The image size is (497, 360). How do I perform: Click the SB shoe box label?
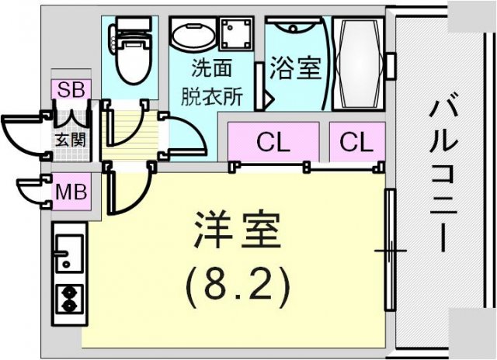71,89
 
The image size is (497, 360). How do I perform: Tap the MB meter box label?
71,192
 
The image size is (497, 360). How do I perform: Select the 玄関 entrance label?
71,140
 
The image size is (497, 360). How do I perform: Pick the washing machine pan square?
237,33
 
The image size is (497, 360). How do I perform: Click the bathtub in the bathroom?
358,63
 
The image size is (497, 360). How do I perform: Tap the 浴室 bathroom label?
295,67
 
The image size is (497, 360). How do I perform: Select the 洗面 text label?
211,67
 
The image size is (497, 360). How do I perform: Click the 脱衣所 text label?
212,96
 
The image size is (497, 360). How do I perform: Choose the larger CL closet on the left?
273,142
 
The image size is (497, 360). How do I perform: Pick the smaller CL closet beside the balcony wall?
357,142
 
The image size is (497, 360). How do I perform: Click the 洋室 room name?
238,230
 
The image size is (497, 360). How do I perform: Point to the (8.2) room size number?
238,285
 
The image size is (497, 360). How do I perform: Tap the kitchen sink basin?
69,253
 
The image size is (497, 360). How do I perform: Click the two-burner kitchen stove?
69,299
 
